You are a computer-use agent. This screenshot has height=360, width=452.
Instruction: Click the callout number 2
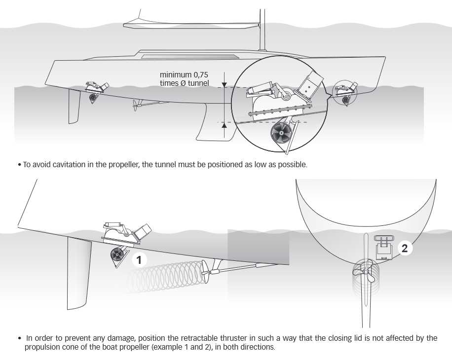[x=405, y=248]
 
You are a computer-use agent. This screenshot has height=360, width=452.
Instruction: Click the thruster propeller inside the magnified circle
[x=281, y=132]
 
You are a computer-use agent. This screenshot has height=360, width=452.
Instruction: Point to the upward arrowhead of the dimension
[x=225, y=126]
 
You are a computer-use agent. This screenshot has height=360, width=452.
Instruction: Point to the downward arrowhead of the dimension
[x=225, y=82]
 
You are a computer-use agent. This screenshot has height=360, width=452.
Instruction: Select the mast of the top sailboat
[x=262, y=25]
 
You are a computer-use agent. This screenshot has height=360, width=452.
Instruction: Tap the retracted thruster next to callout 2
[x=383, y=249]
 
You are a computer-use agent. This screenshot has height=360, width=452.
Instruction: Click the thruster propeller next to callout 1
[x=117, y=255]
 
